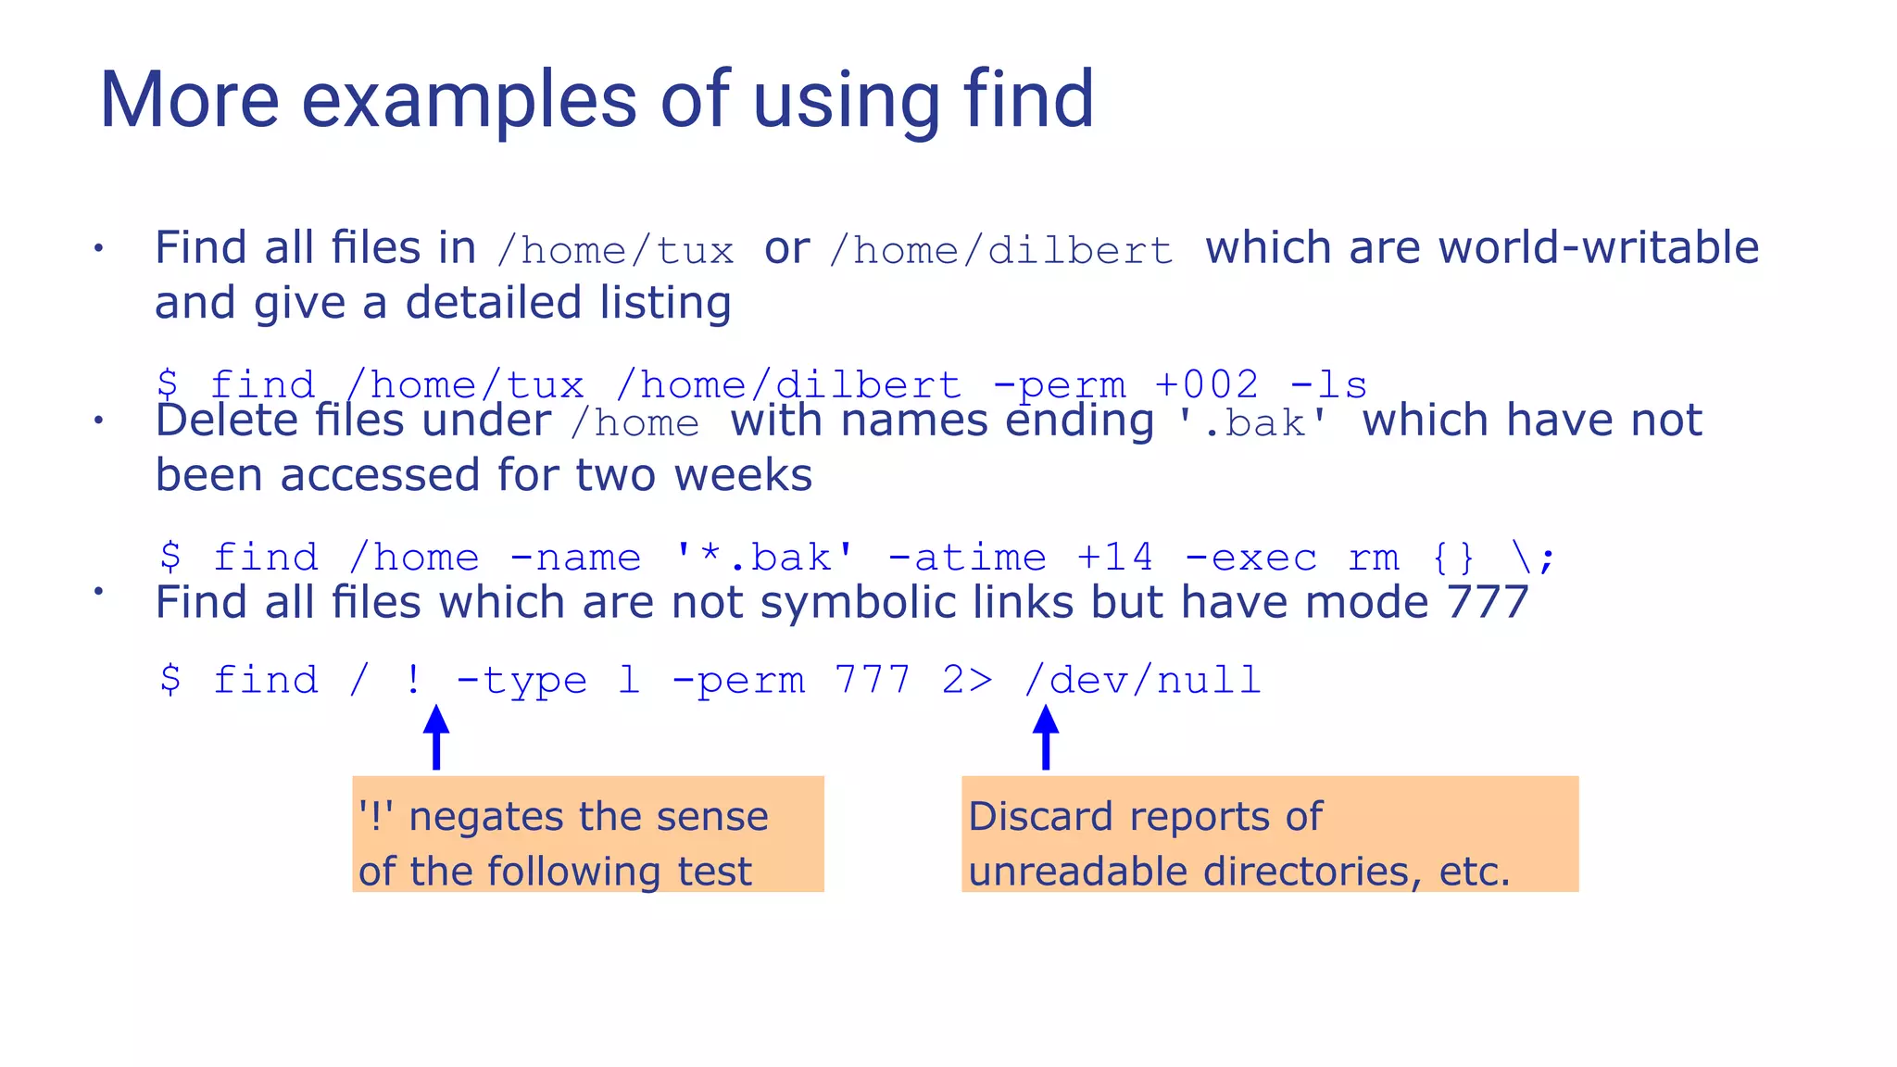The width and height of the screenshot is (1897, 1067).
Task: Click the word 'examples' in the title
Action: (469, 100)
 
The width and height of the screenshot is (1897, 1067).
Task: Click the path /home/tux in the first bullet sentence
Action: (616, 251)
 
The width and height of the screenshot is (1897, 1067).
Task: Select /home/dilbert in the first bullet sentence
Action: (1001, 251)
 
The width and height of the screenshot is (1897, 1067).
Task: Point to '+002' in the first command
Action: (1207, 385)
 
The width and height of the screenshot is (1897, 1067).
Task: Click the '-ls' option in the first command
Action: (1328, 385)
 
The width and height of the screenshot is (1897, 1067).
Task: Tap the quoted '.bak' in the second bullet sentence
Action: (1253, 423)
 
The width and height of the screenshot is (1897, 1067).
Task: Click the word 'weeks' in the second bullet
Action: (743, 476)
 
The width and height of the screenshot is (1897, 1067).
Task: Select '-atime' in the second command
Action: (967, 558)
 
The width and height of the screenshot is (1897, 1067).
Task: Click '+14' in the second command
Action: (1115, 558)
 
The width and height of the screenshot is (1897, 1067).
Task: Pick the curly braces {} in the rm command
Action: (1452, 558)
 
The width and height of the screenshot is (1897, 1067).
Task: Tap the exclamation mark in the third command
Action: (413, 681)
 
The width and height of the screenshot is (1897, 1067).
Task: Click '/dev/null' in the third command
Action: (1142, 681)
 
